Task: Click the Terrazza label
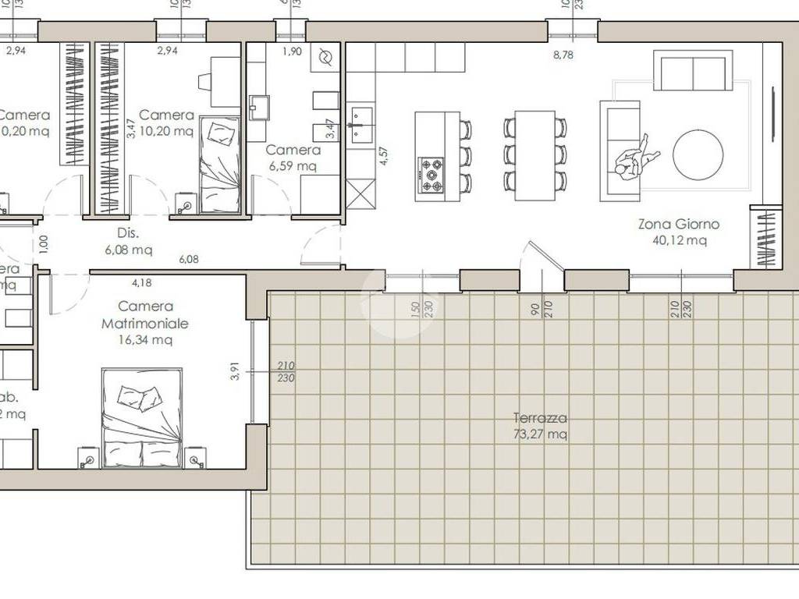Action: click(540, 418)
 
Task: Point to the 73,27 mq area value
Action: click(540, 434)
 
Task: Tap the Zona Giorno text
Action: click(678, 224)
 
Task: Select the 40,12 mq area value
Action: click(679, 240)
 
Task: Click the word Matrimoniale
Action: click(145, 323)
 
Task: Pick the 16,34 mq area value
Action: click(145, 339)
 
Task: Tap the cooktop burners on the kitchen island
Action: click(431, 175)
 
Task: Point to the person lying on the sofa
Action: click(636, 158)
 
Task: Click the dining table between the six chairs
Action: click(534, 154)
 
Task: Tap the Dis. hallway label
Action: click(128, 232)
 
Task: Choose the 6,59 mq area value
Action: click(293, 166)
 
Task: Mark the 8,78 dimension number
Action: click(563, 55)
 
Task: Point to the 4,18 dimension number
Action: click(142, 282)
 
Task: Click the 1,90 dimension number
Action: click(291, 51)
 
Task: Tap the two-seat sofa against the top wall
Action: click(693, 72)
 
